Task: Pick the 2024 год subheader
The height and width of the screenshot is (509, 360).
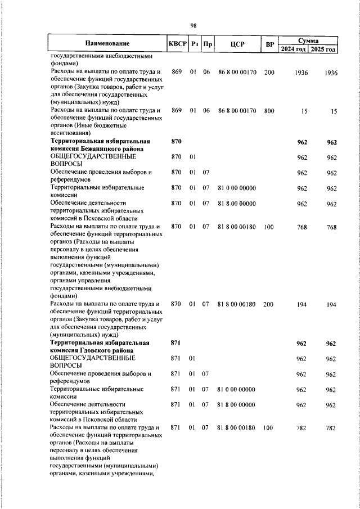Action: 294,49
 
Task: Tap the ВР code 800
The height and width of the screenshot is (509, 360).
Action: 269,111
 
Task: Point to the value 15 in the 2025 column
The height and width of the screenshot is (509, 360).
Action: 334,112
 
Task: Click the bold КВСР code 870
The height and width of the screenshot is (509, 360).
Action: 175,142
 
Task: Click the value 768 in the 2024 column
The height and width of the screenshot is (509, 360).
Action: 302,227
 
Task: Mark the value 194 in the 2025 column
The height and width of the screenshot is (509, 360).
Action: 331,305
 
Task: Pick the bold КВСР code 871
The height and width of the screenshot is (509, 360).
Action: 175,343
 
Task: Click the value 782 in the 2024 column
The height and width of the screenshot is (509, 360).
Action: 302,429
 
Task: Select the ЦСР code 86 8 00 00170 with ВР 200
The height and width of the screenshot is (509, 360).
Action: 237,73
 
